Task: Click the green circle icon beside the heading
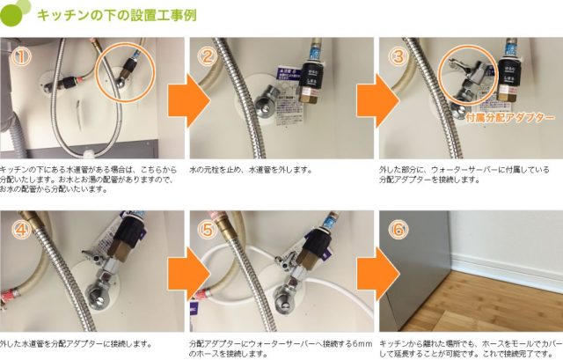[x=19, y=15]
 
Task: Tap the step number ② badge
[x=208, y=57]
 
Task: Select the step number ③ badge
[x=397, y=57]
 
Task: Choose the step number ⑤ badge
[x=208, y=231]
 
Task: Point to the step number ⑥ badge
[x=397, y=231]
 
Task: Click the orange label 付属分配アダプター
[x=510, y=117]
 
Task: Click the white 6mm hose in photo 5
[x=220, y=264]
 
